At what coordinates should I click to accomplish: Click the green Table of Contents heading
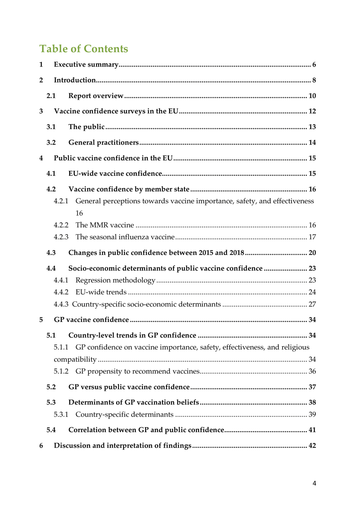click(83, 49)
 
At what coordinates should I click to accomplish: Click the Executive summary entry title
click(86, 64)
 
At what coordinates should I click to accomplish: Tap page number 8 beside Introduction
click(314, 80)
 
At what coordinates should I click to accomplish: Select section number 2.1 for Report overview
click(51, 96)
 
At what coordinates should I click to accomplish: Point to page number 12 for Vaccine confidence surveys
click(312, 111)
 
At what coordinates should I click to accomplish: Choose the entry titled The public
click(86, 127)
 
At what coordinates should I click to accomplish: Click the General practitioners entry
click(103, 142)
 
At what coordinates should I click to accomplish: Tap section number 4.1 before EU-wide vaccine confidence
click(51, 173)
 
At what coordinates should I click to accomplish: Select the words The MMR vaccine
click(105, 225)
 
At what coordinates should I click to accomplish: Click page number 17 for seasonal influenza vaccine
click(312, 237)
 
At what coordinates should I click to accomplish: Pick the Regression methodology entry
click(115, 280)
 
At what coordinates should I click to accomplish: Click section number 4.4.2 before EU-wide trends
click(61, 292)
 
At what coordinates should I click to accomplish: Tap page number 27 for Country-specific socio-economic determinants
click(312, 304)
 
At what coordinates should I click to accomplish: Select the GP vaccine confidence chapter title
click(91, 320)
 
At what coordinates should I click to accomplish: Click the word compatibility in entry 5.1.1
click(75, 359)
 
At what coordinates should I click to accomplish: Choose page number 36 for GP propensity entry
click(312, 371)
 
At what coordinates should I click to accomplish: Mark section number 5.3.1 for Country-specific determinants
click(61, 414)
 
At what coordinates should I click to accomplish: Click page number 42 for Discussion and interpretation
click(312, 446)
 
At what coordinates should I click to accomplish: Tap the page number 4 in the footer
click(314, 483)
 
